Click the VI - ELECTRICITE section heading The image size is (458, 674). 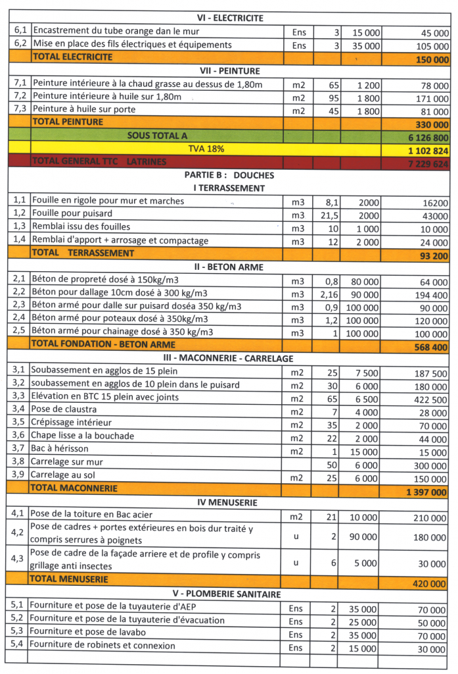[x=229, y=18]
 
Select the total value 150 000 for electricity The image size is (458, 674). [x=432, y=59]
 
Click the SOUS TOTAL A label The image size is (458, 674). [x=157, y=136]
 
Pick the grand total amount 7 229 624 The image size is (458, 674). [x=427, y=163]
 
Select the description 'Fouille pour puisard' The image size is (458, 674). [x=72, y=214]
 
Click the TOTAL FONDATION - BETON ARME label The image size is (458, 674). [x=103, y=344]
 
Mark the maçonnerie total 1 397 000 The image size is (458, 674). [x=427, y=492]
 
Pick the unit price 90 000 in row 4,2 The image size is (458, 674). [x=363, y=536]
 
